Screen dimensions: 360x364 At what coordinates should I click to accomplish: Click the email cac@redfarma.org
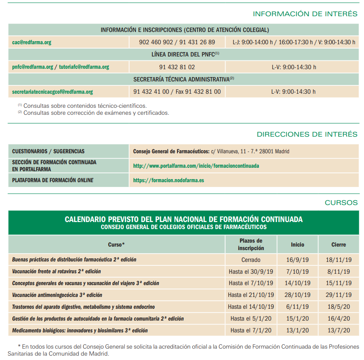click(x=32, y=42)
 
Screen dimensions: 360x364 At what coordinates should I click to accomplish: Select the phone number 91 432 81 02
click(x=177, y=67)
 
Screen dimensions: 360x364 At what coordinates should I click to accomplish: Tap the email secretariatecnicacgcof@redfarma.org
click(x=53, y=92)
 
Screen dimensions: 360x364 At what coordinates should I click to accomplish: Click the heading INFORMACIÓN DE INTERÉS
click(x=305, y=14)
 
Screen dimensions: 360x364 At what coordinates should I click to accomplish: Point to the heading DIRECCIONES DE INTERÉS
click(x=307, y=134)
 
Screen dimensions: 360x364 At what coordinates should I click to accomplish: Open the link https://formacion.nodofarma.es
click(x=169, y=180)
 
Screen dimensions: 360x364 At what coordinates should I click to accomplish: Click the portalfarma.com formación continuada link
click(x=196, y=166)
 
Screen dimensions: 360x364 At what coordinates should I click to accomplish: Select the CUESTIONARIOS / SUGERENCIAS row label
click(x=48, y=152)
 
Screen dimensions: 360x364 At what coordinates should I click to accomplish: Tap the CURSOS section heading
click(x=341, y=203)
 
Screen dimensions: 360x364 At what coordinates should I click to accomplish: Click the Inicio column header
click(x=297, y=245)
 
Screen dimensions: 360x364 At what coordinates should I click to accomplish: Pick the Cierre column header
click(x=338, y=245)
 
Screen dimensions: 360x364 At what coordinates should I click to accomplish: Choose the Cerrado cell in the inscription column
click(x=251, y=260)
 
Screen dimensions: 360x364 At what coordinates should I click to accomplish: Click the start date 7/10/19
click(x=297, y=272)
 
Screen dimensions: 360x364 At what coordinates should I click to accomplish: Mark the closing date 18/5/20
click(x=338, y=307)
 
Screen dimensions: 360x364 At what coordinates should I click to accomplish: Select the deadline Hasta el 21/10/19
click(x=251, y=295)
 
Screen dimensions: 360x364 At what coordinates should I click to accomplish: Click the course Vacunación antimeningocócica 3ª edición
click(x=57, y=295)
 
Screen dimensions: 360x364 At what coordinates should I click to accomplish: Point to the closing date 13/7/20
click(x=338, y=331)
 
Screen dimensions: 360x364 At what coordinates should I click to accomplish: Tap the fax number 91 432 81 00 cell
click(x=177, y=92)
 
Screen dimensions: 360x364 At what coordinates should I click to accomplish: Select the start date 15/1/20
click(x=297, y=319)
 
